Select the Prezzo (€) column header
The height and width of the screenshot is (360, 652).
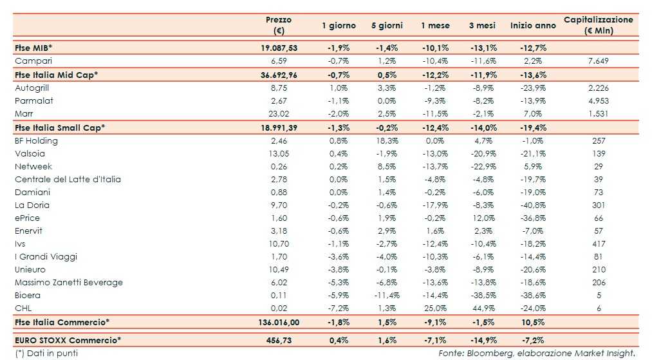(279, 25)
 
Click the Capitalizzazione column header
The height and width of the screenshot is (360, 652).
(599, 25)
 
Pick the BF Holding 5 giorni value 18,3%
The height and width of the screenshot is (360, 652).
(386, 140)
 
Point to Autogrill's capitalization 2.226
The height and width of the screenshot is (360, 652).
(598, 88)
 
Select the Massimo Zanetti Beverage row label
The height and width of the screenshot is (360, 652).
(69, 282)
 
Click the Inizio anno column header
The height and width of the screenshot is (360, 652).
(533, 26)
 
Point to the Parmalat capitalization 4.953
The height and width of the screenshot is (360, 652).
(598, 100)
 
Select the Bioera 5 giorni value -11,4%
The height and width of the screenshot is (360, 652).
(386, 295)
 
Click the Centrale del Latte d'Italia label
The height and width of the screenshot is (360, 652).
(68, 179)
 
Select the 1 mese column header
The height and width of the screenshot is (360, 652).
(436, 26)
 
